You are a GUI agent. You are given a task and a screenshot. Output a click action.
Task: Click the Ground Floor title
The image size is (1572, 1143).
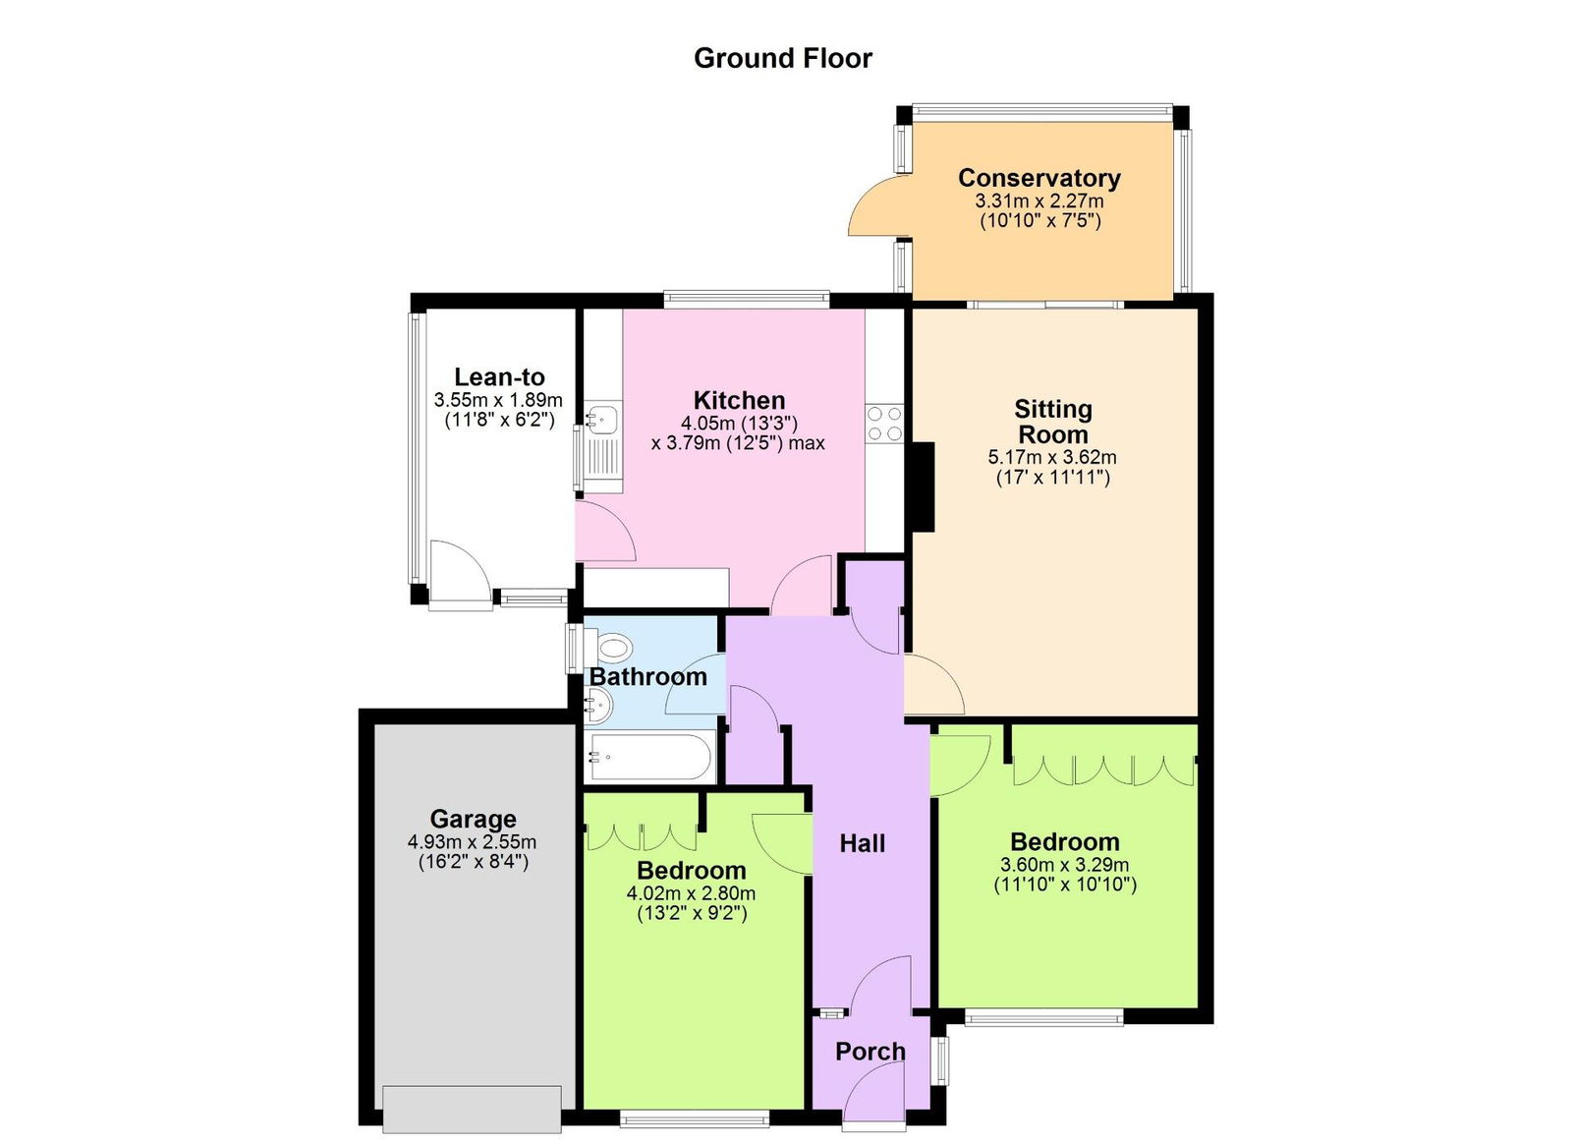click(782, 59)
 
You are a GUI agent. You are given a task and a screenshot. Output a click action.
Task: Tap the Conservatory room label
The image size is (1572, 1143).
click(1039, 178)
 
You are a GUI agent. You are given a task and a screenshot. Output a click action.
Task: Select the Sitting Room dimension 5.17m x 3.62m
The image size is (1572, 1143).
click(1052, 458)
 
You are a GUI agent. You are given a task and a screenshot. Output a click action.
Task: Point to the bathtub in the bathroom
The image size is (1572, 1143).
click(647, 757)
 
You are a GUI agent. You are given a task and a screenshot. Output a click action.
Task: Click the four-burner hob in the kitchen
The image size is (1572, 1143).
click(884, 424)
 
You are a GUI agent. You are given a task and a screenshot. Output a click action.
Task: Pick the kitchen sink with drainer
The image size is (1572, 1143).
click(602, 447)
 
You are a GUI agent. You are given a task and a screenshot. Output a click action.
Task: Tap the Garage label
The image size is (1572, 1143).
click(473, 819)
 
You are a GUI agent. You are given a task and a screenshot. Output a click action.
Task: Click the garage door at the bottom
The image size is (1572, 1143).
click(472, 1109)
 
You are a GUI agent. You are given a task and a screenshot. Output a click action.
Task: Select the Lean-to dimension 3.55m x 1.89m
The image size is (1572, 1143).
click(498, 401)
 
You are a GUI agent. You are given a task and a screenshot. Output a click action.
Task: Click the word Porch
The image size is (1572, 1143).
click(870, 1052)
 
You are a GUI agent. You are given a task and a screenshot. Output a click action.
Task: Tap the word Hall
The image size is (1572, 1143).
click(862, 843)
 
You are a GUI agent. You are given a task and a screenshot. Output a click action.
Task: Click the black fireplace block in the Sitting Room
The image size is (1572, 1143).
click(922, 487)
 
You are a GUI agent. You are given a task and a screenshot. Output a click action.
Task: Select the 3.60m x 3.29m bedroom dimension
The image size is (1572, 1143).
click(1064, 866)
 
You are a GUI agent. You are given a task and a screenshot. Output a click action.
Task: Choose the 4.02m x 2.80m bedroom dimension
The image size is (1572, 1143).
click(691, 894)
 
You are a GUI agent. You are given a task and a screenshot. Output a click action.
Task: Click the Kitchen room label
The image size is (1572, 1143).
click(739, 400)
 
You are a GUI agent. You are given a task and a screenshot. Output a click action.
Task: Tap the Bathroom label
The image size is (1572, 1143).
click(647, 677)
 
